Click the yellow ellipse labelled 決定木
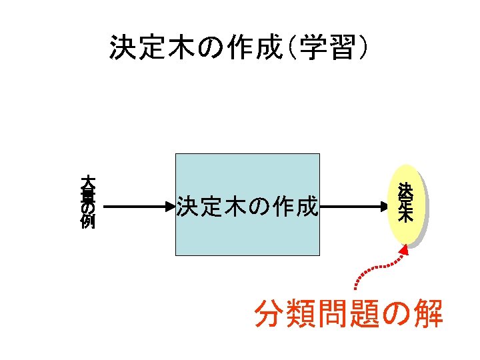point(405,203)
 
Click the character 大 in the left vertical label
point(87,181)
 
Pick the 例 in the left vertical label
point(87,222)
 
